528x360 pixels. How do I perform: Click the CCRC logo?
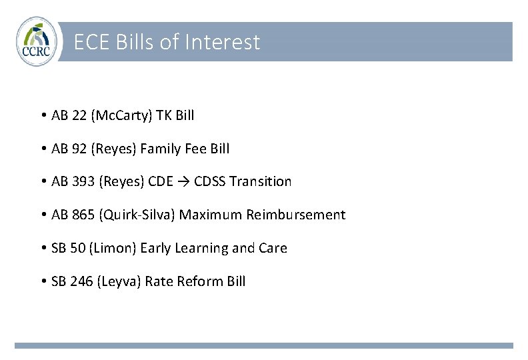coord(37,42)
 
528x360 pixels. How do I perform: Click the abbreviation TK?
coord(163,115)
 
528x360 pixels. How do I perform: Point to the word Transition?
coord(261,181)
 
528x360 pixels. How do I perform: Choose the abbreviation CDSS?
coord(209,181)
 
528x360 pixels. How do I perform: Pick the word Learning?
coord(200,248)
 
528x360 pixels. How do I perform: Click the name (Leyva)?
coord(119,281)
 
